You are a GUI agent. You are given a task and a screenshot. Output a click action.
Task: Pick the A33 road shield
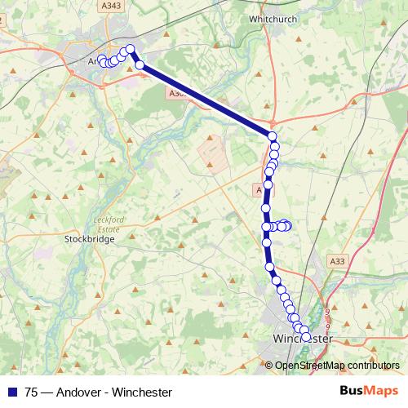click(x=338, y=260)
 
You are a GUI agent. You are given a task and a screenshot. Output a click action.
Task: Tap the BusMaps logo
click(x=369, y=390)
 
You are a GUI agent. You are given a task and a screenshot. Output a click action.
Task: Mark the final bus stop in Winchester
click(x=306, y=336)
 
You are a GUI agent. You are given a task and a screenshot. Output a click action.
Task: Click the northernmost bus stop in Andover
click(x=130, y=49)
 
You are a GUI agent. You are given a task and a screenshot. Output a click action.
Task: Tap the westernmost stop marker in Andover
click(x=102, y=60)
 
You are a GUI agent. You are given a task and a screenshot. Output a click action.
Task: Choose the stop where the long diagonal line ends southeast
click(x=273, y=136)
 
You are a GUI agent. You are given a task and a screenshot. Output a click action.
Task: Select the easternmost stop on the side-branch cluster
click(x=287, y=226)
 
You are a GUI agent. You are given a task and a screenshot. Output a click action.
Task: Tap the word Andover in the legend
click(x=78, y=392)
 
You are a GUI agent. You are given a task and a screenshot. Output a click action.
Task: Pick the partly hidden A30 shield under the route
click(x=173, y=95)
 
